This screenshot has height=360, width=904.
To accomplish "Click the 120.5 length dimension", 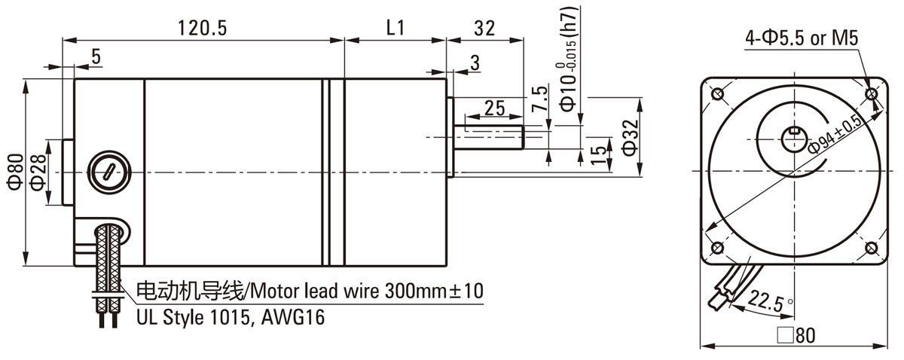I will click(x=203, y=29).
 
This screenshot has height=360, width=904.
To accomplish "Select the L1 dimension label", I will click(x=395, y=29).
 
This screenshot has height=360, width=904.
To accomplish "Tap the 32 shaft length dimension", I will click(x=485, y=29).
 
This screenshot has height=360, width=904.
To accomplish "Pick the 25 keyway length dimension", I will click(x=494, y=108).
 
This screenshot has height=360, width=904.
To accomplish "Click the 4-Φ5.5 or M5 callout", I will click(x=802, y=38).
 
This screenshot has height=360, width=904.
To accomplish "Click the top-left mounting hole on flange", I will click(x=716, y=95).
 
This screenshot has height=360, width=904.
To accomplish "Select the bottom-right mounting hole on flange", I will click(x=872, y=249).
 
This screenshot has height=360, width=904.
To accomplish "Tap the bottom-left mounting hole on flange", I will click(x=716, y=249).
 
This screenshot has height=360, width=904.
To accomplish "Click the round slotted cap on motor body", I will click(x=108, y=171).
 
